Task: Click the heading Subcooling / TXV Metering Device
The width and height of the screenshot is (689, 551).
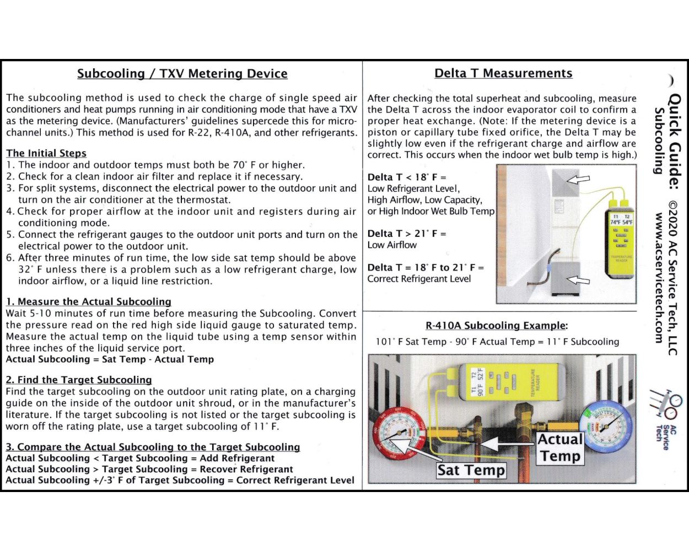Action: [182, 74]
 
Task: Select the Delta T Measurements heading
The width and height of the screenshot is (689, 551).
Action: [503, 73]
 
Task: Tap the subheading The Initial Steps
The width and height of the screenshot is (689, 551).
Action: [46, 153]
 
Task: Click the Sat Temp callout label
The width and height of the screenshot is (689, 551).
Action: [471, 470]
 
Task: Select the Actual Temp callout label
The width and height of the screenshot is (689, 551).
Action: [560, 447]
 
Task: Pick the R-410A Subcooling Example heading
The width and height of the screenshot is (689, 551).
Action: [496, 326]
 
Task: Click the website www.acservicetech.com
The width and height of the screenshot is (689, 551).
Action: [659, 278]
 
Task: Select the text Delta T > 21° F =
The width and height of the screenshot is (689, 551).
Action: [407, 234]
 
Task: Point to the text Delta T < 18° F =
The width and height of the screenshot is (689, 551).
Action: [407, 177]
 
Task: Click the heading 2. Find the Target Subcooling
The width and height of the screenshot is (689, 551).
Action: [78, 380]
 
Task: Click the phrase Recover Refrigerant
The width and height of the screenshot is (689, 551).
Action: [246, 469]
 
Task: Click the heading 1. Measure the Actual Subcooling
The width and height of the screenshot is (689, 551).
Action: [88, 301]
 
